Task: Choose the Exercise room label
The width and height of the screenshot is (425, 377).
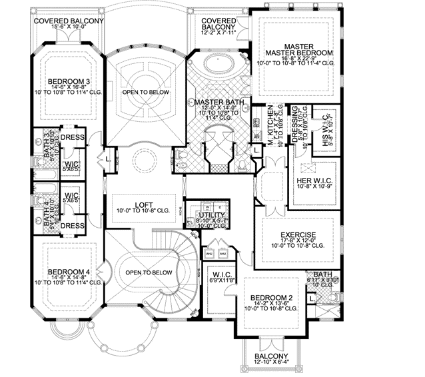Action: pyautogui.click(x=297, y=234)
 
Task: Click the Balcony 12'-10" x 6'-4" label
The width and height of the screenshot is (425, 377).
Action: pyautogui.click(x=271, y=358)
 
